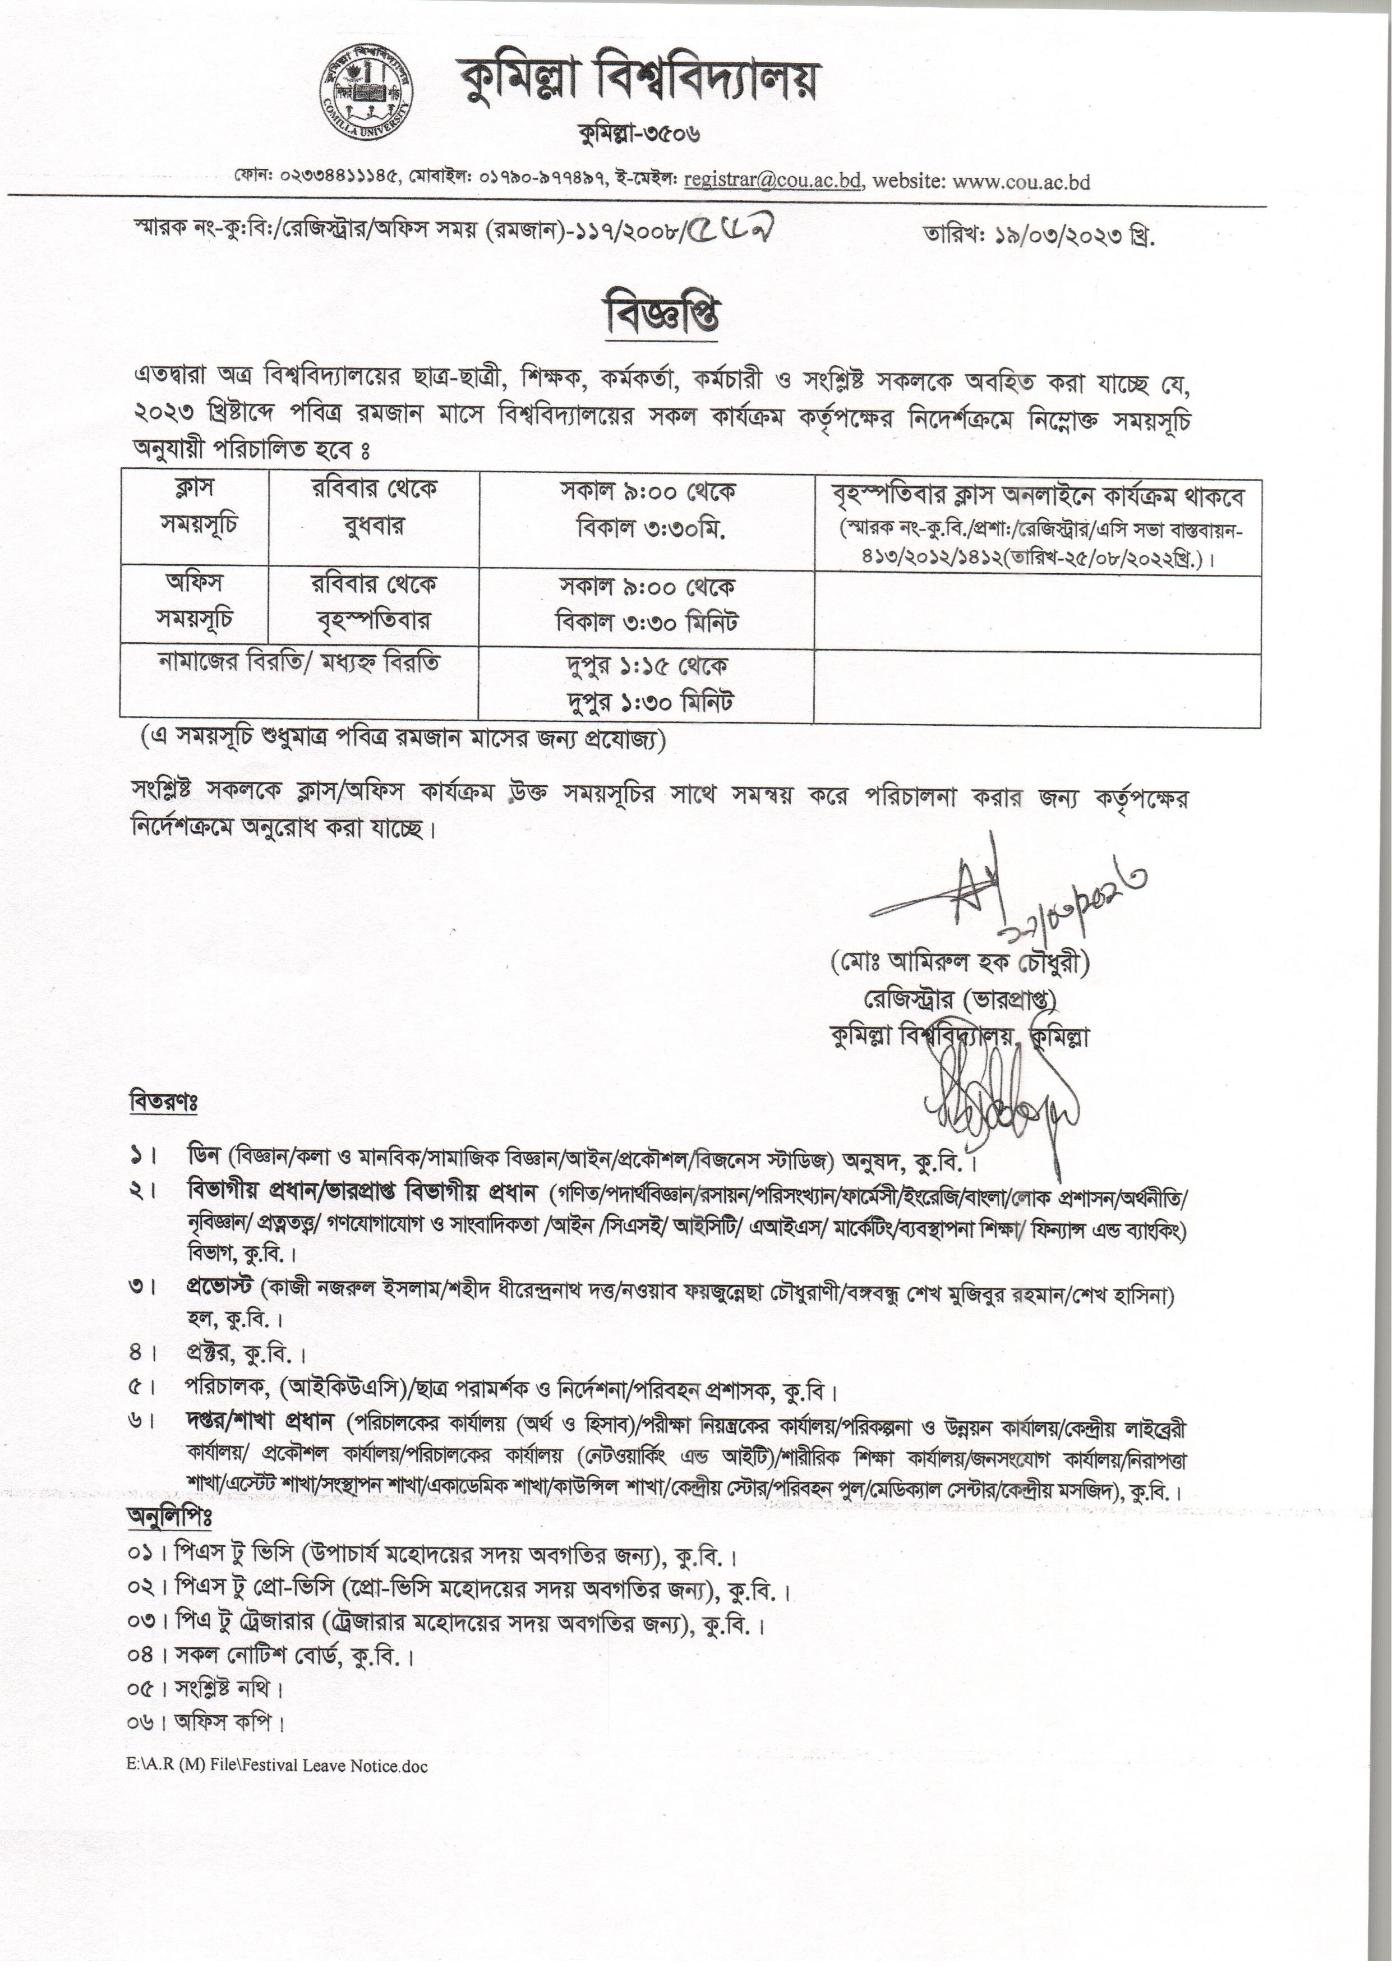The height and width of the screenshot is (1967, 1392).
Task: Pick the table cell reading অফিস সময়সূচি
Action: tap(193, 601)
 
